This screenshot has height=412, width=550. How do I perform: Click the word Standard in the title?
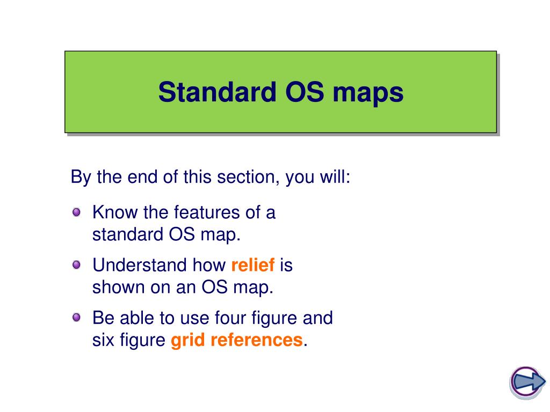click(217, 92)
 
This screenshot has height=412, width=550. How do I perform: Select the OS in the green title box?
click(305, 92)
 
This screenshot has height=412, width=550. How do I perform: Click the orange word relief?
click(253, 264)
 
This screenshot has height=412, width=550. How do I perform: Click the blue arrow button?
click(527, 382)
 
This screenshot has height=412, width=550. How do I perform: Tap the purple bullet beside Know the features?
click(76, 212)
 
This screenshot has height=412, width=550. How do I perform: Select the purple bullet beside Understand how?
click(76, 264)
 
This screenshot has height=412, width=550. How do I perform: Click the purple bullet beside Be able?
click(76, 318)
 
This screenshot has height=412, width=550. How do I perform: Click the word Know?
click(115, 212)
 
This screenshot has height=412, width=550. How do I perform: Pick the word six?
click(104, 340)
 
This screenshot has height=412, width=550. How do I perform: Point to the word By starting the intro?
click(81, 177)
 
